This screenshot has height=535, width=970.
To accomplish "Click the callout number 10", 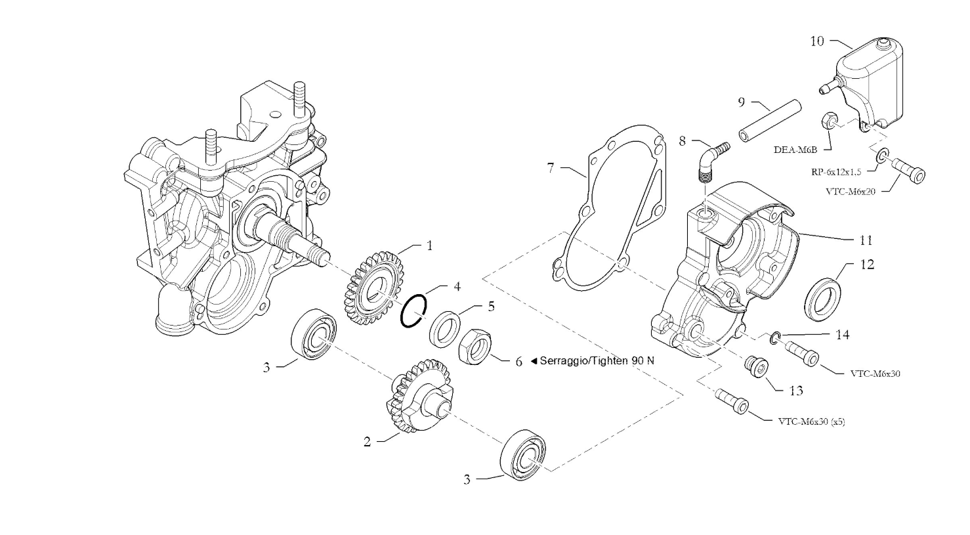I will pos(816,41).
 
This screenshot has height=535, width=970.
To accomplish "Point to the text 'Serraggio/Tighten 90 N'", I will pos(597,361).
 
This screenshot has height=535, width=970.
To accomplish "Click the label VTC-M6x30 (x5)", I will pos(811,421).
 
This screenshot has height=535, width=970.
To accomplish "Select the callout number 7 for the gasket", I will pos(551,168).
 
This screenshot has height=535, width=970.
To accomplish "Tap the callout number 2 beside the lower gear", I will pos(368,442).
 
